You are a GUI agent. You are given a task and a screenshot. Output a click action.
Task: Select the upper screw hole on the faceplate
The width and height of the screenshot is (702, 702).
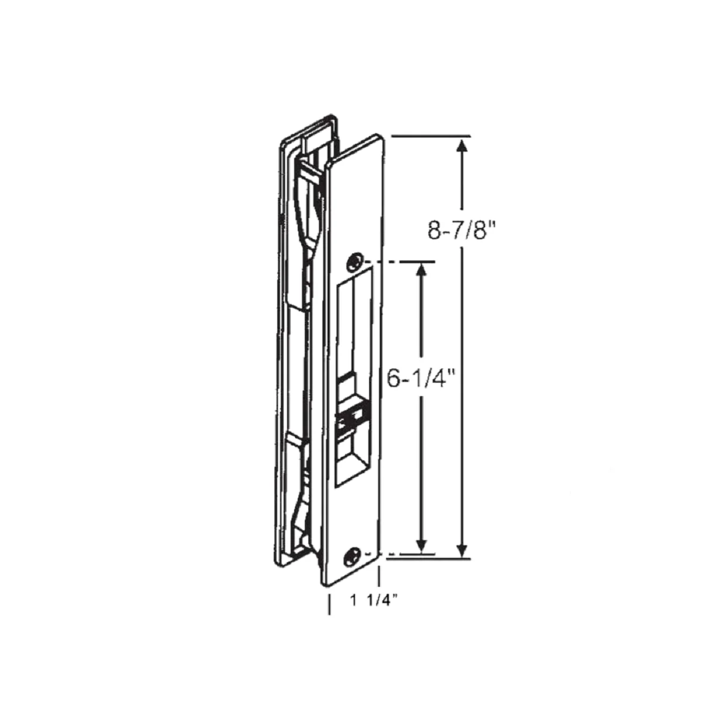353,261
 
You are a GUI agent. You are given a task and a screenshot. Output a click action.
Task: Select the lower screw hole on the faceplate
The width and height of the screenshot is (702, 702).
352,553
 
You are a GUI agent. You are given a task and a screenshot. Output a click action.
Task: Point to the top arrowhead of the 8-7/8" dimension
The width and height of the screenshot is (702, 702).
462,146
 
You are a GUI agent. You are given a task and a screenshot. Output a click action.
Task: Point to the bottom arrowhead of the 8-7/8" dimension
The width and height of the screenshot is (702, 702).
462,550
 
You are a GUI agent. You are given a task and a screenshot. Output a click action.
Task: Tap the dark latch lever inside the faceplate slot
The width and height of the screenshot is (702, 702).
349,418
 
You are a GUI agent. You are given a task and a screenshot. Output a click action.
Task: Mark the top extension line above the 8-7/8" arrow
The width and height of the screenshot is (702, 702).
430,136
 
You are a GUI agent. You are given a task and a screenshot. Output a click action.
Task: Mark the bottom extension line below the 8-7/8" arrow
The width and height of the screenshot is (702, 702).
430,559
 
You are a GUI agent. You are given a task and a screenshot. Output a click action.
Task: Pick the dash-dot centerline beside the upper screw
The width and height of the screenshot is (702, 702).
404,261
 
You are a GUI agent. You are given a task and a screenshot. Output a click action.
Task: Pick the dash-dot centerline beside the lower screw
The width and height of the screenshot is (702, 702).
404,553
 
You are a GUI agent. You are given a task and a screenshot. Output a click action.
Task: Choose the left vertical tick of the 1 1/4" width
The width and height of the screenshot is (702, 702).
329,603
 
